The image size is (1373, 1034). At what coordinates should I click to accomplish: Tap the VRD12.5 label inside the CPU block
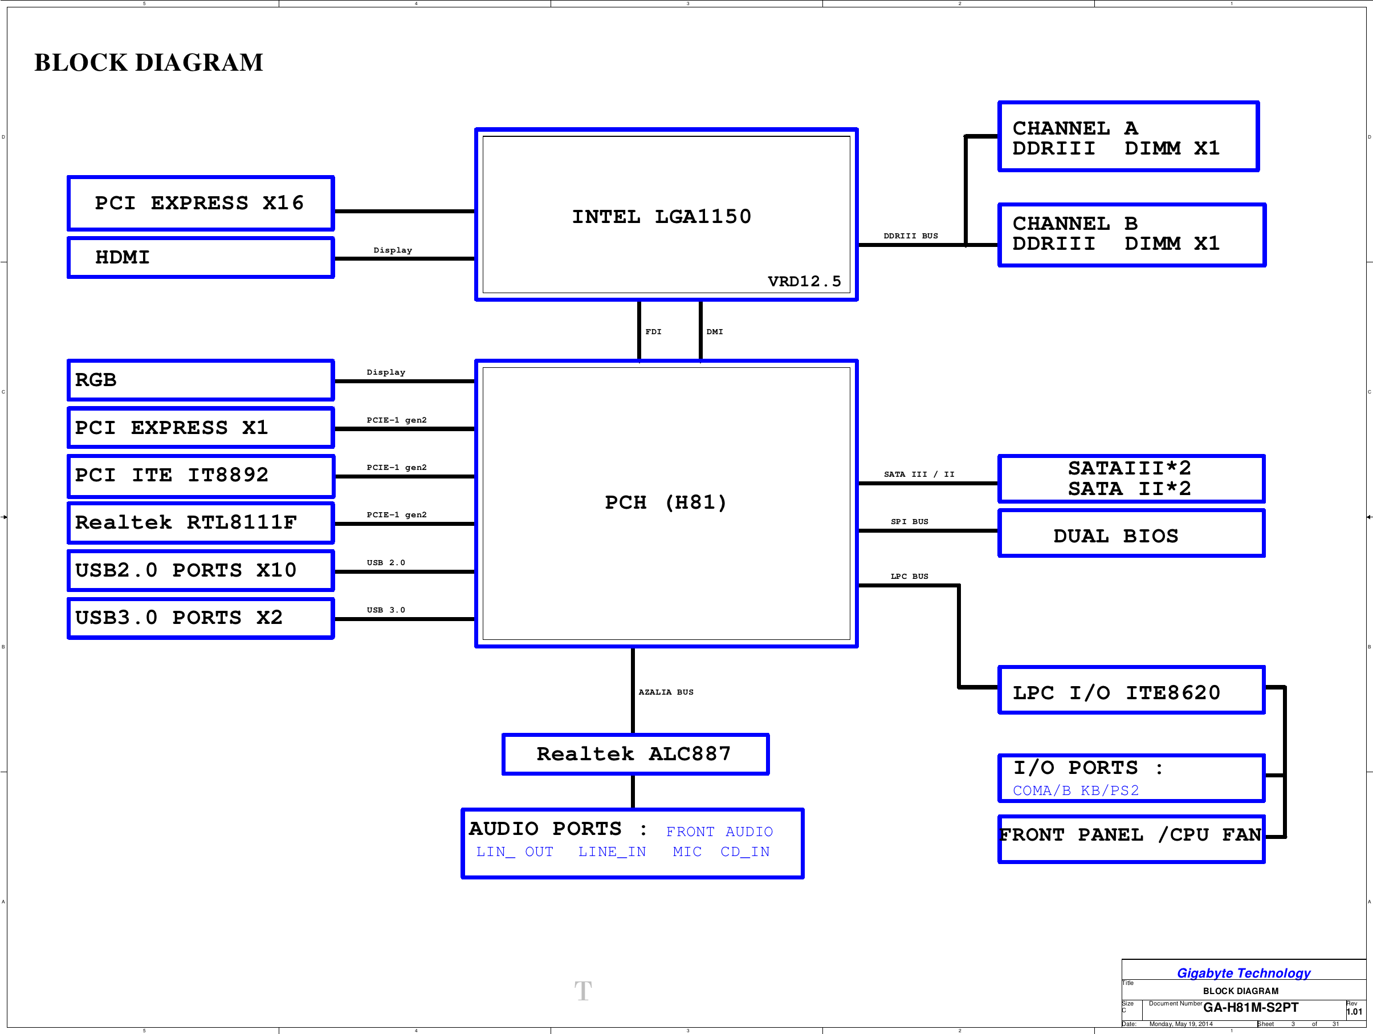pyautogui.click(x=804, y=281)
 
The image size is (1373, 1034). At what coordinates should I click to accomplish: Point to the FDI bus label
pyautogui.click(x=653, y=331)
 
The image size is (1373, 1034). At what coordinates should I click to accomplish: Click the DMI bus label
pyautogui.click(x=715, y=331)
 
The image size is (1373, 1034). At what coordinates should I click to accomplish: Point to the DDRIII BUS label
pyautogui.click(x=911, y=236)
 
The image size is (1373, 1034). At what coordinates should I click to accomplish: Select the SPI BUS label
pyautogui.click(x=909, y=522)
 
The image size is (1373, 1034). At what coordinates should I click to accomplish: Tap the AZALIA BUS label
pyautogui.click(x=666, y=692)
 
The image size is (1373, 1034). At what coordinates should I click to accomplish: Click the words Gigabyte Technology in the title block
pyautogui.click(x=1243, y=973)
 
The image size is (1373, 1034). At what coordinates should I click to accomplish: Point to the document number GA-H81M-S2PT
pyautogui.click(x=1250, y=1007)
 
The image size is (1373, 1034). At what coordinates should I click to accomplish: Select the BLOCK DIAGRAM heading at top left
pyautogui.click(x=149, y=62)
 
